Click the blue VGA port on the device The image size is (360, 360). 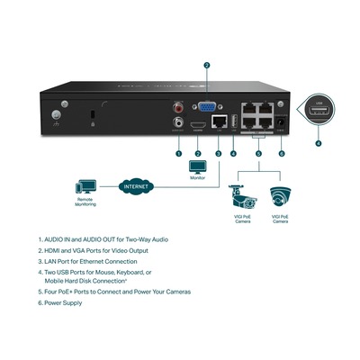pyautogui.click(x=206, y=105)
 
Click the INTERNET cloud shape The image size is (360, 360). pyautogui.click(x=134, y=187)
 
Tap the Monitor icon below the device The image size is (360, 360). pyautogui.click(x=198, y=167)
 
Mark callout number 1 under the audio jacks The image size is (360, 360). pyautogui.click(x=178, y=154)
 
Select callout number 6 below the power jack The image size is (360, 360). pyautogui.click(x=282, y=154)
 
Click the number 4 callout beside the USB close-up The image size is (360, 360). pyautogui.click(x=318, y=143)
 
